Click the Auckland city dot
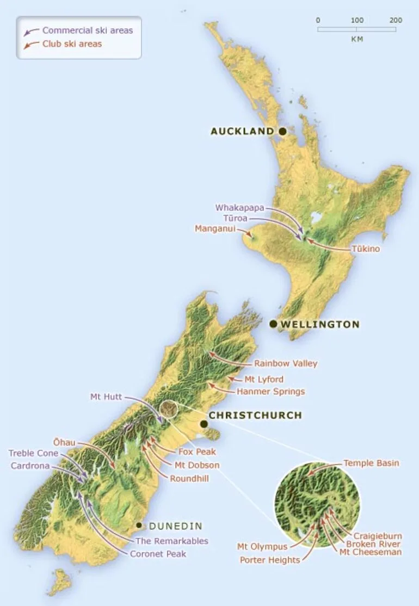click(282, 131)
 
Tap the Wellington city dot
click(274, 324)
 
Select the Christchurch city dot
click(204, 424)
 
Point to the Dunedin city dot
click(139, 525)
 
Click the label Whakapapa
click(239, 208)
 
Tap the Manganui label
click(215, 228)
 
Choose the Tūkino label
click(365, 249)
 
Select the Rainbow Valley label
click(285, 363)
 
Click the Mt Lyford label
click(264, 379)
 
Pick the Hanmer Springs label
click(270, 391)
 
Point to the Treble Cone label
click(33, 453)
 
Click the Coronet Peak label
click(158, 554)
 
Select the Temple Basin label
click(371, 463)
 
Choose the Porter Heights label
click(269, 560)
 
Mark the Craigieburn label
click(378, 536)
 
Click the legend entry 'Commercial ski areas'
click(88, 30)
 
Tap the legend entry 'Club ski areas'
click(72, 44)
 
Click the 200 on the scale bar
click(396, 20)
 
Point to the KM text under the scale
click(357, 39)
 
